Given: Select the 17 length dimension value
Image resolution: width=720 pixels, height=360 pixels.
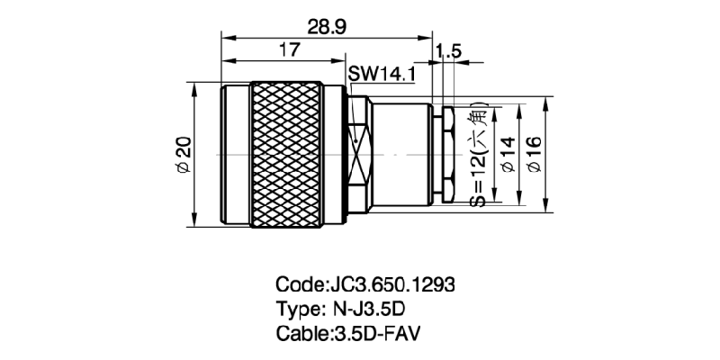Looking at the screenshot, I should tap(288, 51).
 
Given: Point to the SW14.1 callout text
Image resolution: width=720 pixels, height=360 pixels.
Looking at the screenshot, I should tap(382, 76).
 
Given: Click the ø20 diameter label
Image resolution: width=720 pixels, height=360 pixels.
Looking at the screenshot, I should tap(182, 156).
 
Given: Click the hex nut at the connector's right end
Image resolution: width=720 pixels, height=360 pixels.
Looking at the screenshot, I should tap(445, 155).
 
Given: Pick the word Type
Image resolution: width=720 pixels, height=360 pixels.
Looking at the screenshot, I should tap(296, 310).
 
